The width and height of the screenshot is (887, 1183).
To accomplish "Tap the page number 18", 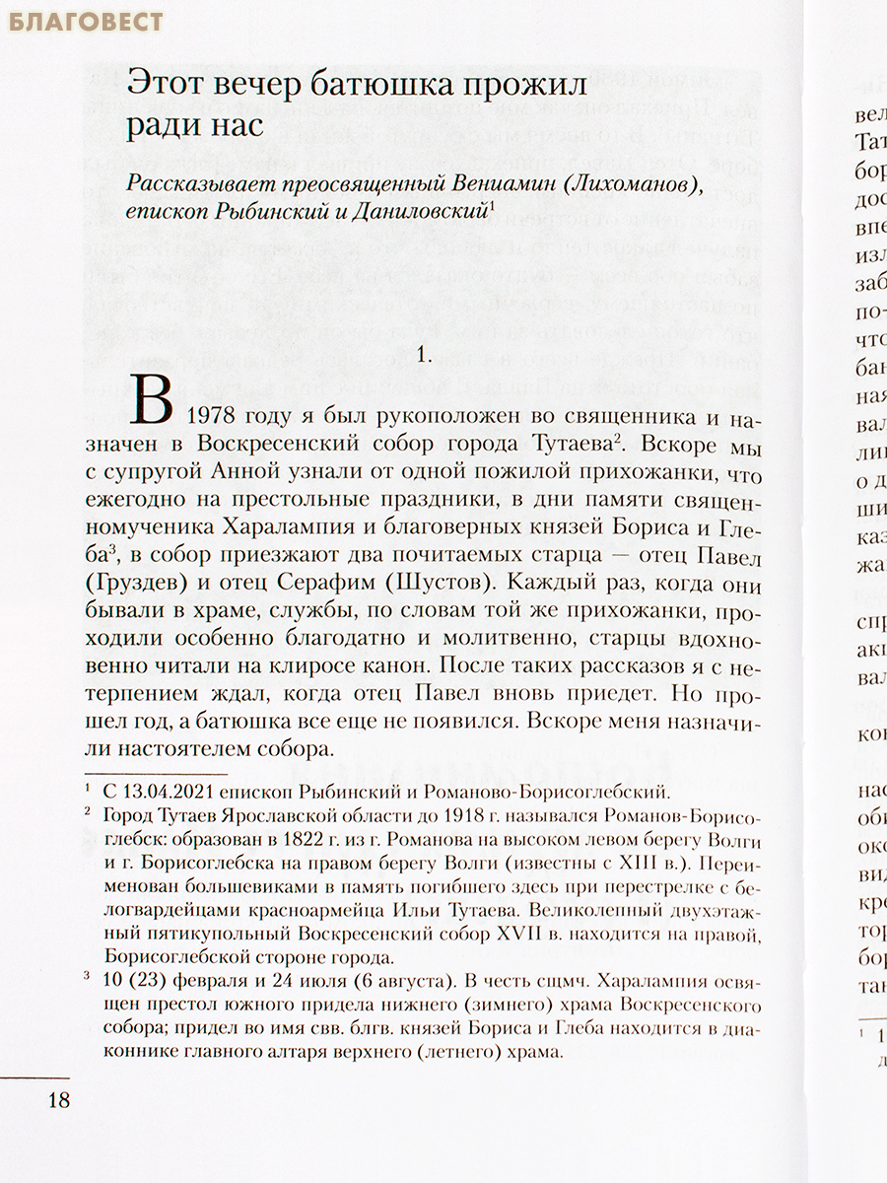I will pyautogui.click(x=59, y=1100).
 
